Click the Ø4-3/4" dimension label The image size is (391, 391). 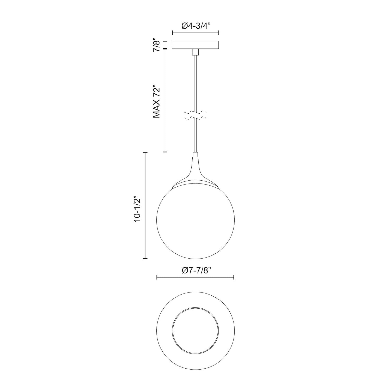click(x=195, y=26)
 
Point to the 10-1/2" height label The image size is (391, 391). click(x=137, y=206)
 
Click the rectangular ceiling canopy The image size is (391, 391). click(x=195, y=45)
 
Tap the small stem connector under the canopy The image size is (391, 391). click(x=195, y=52)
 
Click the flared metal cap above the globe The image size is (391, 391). click(x=195, y=175)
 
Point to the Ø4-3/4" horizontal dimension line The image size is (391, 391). click(x=195, y=33)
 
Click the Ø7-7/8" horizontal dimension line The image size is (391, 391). click(x=195, y=277)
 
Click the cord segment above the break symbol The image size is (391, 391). click(x=195, y=83)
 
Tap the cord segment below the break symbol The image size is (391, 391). click(x=195, y=136)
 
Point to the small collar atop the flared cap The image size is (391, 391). click(x=195, y=155)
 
